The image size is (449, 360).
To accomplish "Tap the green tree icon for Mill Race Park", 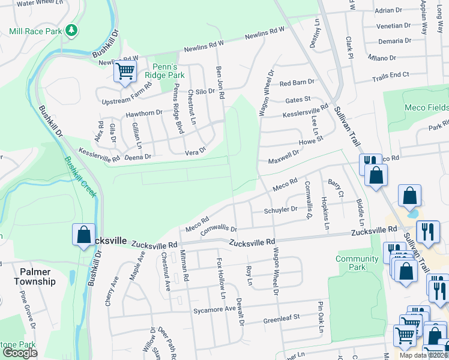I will click(x=72, y=30).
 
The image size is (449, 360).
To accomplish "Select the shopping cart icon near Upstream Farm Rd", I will click(x=125, y=72).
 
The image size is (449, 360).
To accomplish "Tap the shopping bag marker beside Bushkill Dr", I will click(x=84, y=235).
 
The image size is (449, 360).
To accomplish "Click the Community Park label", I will click(x=357, y=263).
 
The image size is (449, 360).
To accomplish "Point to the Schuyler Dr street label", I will click(x=281, y=210).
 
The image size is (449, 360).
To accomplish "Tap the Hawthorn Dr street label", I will click(x=144, y=113).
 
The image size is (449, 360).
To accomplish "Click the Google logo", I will click(x=20, y=353).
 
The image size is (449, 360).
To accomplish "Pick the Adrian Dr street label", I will click(x=388, y=10).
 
